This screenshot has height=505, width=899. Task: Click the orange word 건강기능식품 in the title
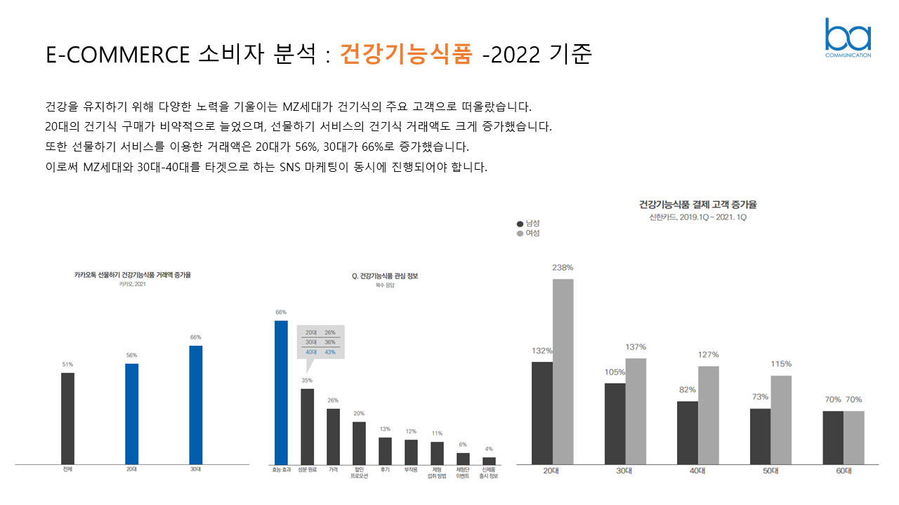pyautogui.click(x=406, y=54)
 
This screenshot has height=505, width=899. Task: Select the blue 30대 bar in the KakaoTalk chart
pyautogui.click(x=196, y=405)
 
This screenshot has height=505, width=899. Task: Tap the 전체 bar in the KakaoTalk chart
pyautogui.click(x=67, y=418)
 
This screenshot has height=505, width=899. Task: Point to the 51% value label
pyautogui.click(x=67, y=364)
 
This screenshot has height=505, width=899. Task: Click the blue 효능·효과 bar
pyautogui.click(x=281, y=392)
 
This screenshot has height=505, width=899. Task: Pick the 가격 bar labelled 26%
pyautogui.click(x=333, y=436)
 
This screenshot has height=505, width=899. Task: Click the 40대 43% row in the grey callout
pyautogui.click(x=321, y=351)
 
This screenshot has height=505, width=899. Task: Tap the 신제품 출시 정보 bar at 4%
pyautogui.click(x=489, y=461)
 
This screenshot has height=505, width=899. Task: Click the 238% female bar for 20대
pyautogui.click(x=563, y=371)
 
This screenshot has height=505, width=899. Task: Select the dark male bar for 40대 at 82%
pyautogui.click(x=688, y=432)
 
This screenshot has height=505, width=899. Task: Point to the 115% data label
pyautogui.click(x=781, y=364)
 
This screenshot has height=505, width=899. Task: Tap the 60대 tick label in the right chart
pyautogui.click(x=844, y=471)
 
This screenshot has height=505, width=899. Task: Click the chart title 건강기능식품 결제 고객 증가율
pyautogui.click(x=697, y=205)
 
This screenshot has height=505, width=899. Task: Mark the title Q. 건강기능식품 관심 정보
pyautogui.click(x=385, y=276)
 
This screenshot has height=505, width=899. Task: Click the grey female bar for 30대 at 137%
pyautogui.click(x=636, y=411)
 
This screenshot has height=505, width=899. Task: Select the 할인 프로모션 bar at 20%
pyautogui.click(x=359, y=443)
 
